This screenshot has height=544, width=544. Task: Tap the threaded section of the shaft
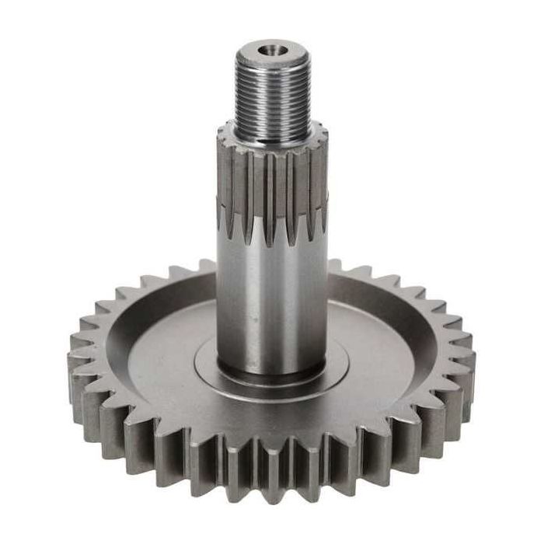point(273,97)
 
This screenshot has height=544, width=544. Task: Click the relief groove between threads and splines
point(273,138)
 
